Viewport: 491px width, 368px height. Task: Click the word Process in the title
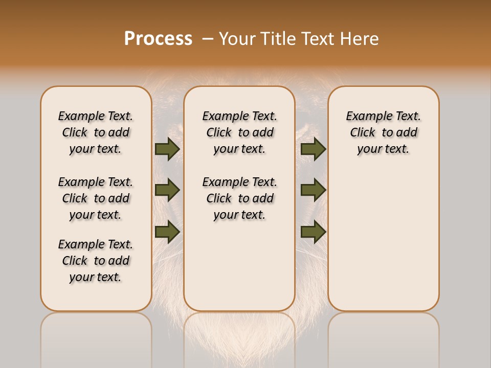(x=158, y=38)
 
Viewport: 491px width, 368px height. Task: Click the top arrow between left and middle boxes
(x=167, y=149)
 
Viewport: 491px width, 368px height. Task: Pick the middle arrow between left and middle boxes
(x=167, y=190)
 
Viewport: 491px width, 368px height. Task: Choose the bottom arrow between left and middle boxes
(x=167, y=232)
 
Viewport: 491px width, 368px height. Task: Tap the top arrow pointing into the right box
(x=313, y=149)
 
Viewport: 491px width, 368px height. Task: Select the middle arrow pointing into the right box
(x=313, y=190)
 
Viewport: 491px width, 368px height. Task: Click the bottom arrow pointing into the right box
(x=313, y=232)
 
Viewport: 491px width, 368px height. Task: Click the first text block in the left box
(x=96, y=132)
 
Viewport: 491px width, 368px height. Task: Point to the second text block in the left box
(x=96, y=198)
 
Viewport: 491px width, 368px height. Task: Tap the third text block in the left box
(x=96, y=261)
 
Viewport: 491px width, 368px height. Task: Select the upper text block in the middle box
(x=239, y=132)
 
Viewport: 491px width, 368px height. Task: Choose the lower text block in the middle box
(x=239, y=198)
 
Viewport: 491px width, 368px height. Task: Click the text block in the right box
(x=383, y=132)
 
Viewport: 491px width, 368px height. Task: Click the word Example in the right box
(x=365, y=117)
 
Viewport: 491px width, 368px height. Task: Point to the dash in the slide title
(x=208, y=38)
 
